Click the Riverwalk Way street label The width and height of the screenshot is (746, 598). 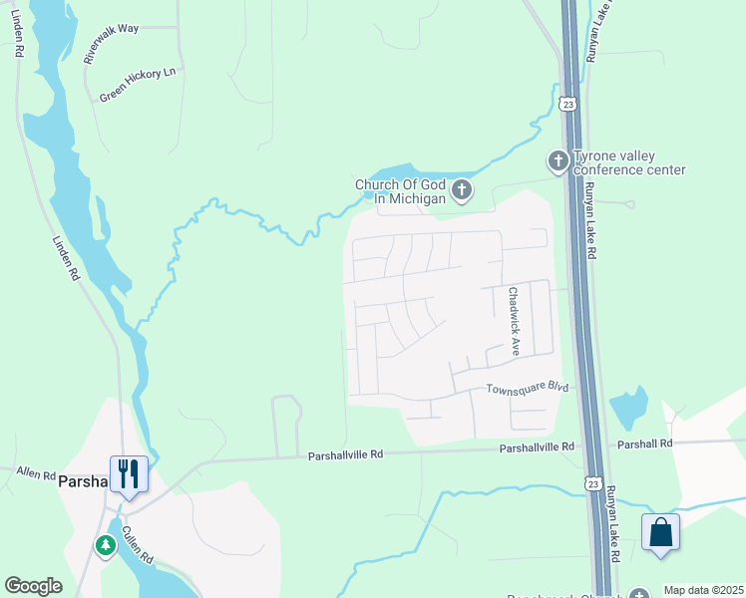[x=112, y=45]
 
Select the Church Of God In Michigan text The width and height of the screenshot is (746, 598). [x=400, y=191]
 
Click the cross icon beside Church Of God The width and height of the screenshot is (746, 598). [x=461, y=188]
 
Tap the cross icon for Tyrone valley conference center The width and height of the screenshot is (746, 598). [x=559, y=160]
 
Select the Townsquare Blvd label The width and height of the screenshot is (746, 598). [x=527, y=388]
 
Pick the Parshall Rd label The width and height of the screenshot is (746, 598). [x=645, y=444]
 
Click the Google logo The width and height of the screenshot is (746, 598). [x=34, y=586]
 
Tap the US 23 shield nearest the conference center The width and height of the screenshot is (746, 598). [x=567, y=104]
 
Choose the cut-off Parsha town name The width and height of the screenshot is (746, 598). [x=82, y=480]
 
